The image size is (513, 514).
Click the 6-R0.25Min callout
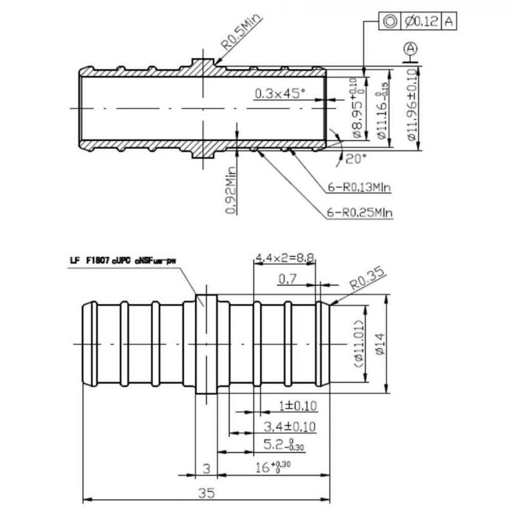[359, 212]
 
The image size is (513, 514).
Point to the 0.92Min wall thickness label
[232, 190]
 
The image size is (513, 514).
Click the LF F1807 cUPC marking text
[123, 261]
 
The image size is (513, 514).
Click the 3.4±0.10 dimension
[290, 426]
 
